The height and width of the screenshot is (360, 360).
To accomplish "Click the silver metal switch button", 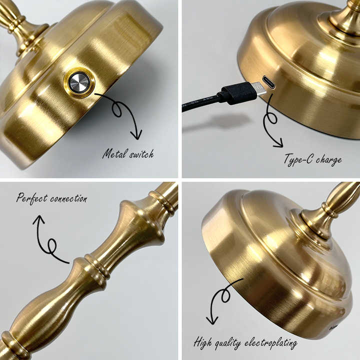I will (x=79, y=82).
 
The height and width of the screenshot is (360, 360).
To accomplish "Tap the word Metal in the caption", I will (x=114, y=154).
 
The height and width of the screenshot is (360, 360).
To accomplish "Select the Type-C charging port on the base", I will (x=268, y=82).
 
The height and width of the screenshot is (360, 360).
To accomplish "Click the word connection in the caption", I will (x=68, y=198).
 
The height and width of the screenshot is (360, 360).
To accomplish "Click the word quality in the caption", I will (x=229, y=344).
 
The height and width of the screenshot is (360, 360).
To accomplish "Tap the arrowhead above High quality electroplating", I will (x=213, y=320).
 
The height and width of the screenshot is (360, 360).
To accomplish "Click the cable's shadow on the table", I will (x=220, y=121).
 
